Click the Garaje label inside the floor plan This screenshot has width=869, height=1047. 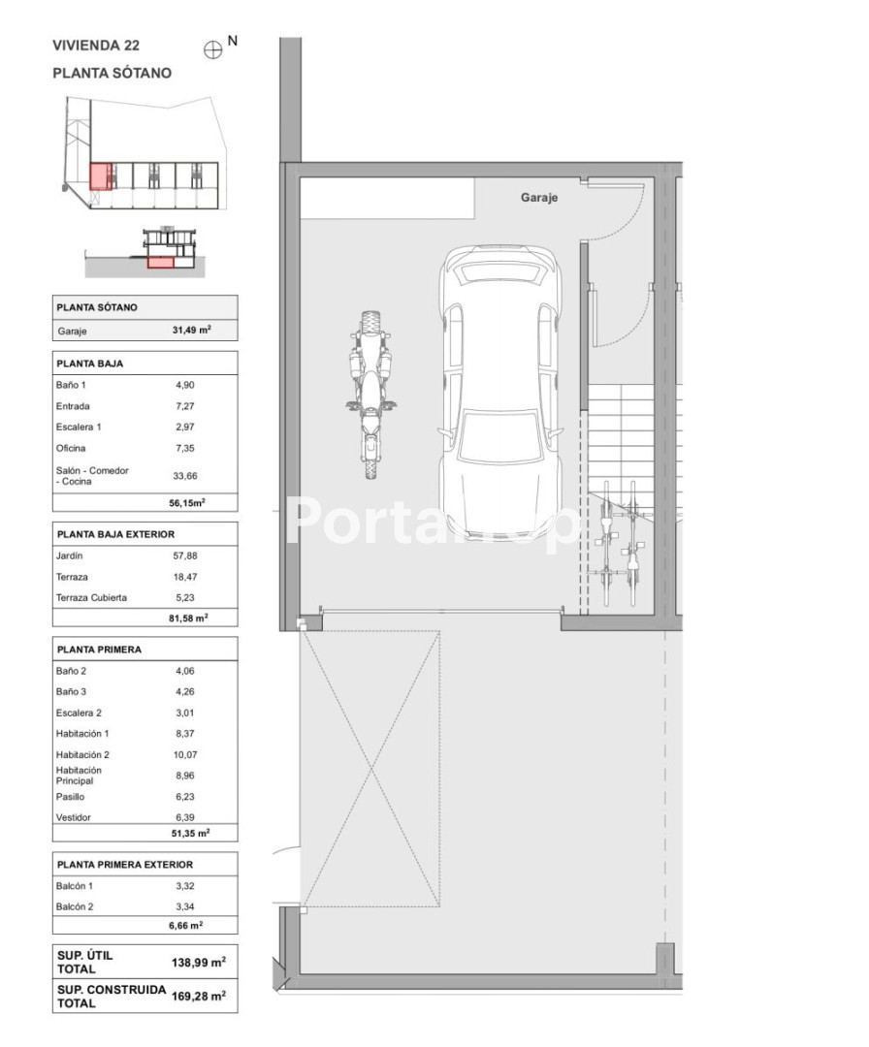[538, 198]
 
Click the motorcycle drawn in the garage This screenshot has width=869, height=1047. [370, 395]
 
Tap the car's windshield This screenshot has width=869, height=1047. [500, 437]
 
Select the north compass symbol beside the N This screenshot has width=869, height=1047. [212, 50]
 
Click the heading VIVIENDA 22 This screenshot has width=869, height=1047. [96, 46]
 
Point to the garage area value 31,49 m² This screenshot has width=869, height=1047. [192, 330]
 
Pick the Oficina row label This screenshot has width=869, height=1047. [71, 448]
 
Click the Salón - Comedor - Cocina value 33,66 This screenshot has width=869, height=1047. [185, 476]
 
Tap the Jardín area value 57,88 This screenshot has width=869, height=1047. [185, 555]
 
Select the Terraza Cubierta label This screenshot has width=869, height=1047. [91, 597]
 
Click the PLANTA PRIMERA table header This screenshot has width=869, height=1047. [99, 650]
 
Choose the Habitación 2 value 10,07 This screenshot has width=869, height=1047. [185, 754]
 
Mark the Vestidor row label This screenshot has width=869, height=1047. [74, 817]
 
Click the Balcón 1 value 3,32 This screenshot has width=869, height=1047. [185, 886]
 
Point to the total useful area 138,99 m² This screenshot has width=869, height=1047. [199, 963]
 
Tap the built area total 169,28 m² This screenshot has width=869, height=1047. [199, 996]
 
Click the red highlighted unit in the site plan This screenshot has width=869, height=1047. [100, 176]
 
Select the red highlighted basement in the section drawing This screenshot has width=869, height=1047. [160, 263]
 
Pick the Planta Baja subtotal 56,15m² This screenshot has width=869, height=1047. [187, 503]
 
